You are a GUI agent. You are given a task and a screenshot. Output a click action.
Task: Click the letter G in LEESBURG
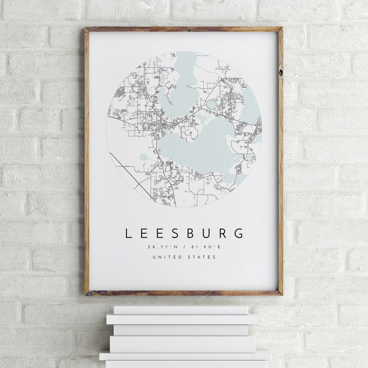239,233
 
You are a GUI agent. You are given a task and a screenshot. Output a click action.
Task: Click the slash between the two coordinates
184,247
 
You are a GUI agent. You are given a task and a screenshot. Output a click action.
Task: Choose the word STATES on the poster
201,257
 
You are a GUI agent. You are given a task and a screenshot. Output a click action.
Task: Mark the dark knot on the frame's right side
281,73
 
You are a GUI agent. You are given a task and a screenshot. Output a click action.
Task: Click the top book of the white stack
181,310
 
